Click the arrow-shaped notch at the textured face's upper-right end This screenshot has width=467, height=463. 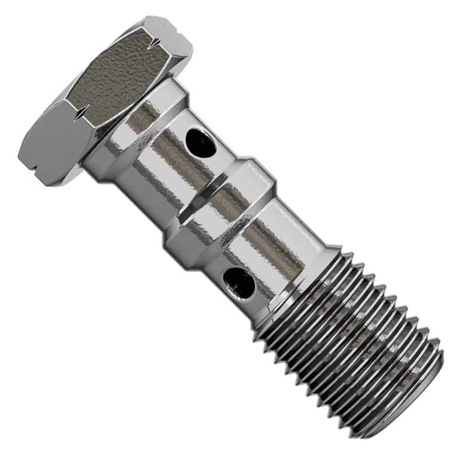point(154,44)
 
